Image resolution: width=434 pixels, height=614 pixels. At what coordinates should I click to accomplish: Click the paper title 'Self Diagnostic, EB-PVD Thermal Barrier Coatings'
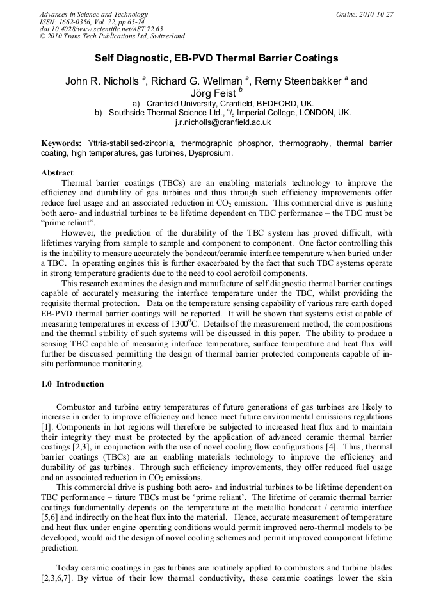tap(216, 58)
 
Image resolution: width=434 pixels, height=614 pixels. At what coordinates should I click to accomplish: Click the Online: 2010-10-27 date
tap(364, 14)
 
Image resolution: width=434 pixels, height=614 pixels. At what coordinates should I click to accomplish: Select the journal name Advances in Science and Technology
tap(93, 14)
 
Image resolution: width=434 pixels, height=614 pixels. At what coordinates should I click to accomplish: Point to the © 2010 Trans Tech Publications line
tap(112, 36)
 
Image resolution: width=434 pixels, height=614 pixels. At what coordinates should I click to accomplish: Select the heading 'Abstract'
tap(57, 173)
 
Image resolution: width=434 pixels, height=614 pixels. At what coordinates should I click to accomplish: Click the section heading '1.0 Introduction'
tap(72, 384)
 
